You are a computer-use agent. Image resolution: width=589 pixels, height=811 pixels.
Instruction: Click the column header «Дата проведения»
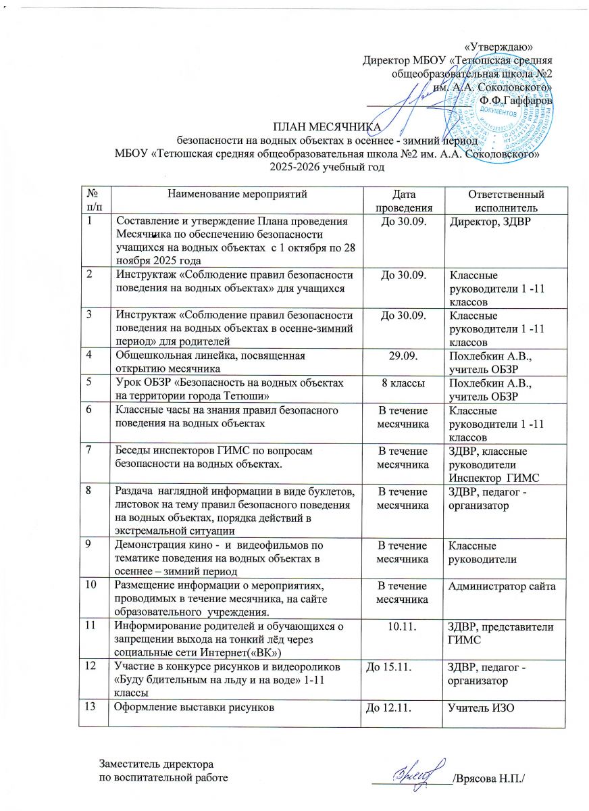click(401, 201)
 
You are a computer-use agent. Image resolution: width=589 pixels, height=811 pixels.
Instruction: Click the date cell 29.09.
click(401, 355)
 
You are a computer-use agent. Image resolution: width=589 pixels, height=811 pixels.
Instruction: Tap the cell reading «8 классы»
click(401, 383)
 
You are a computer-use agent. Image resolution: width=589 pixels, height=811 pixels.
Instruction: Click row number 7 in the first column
click(88, 450)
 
